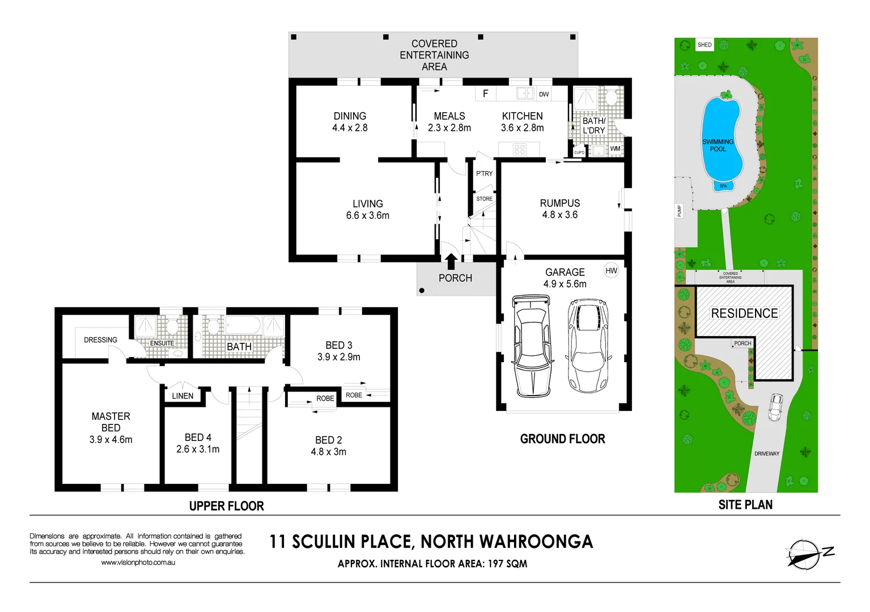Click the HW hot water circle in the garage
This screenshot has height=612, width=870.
tap(611, 271)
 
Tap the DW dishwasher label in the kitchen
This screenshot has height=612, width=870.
tap(544, 95)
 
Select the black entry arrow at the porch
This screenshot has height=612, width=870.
tap(451, 261)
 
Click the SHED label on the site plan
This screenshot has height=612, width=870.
tap(705, 45)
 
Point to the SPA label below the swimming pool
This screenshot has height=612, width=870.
tap(723, 186)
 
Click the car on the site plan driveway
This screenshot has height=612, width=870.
tap(775, 407)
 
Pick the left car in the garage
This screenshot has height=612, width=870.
tap(532, 346)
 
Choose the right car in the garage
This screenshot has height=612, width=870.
tap(588, 346)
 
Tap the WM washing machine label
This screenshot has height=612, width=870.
tap(615, 149)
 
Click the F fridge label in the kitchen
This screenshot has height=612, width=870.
tap(485, 93)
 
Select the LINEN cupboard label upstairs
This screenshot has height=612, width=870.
tap(183, 396)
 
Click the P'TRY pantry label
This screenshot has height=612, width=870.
tap(484, 174)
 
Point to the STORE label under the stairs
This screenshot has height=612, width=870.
tap(484, 199)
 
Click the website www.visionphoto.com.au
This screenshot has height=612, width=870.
tap(138, 563)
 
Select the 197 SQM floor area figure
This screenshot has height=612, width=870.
tap(507, 564)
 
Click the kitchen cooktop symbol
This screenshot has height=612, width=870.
tap(520, 150)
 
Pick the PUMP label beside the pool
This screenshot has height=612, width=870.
tap(680, 211)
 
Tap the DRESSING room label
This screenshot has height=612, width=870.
tap(100, 340)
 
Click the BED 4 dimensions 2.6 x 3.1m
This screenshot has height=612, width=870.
tap(198, 449)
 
